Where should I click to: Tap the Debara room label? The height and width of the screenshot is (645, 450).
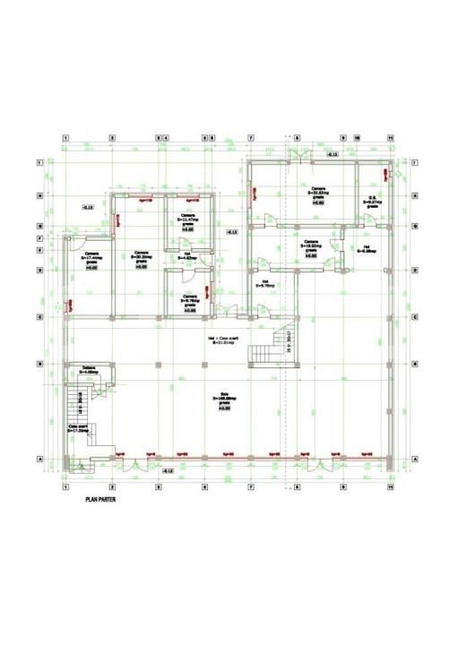point(89,370)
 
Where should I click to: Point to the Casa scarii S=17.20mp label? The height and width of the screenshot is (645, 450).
point(78,428)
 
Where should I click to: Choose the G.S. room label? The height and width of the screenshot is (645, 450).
point(371,201)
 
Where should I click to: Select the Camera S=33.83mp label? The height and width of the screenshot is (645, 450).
point(318,193)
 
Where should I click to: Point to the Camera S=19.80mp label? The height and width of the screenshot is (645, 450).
point(311,246)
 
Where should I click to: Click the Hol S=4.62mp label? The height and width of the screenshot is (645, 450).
point(188,257)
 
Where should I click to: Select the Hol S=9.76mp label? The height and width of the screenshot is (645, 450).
point(264,284)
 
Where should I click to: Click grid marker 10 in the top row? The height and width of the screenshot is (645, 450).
point(357,139)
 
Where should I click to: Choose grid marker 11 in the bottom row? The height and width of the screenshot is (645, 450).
point(390,488)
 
